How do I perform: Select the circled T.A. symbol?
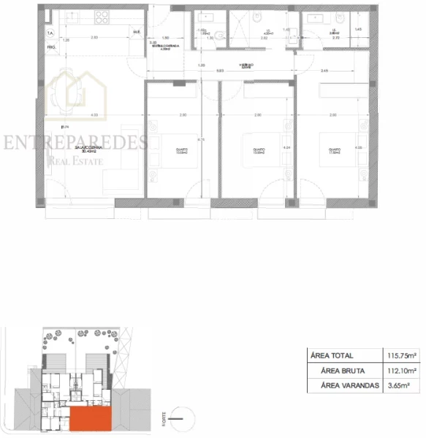(x=50, y=34)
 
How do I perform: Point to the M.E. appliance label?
(x=136, y=31)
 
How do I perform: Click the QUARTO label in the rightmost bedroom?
(x=333, y=151)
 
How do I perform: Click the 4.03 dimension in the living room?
(x=94, y=115)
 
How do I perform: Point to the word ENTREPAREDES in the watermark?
(x=75, y=142)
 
